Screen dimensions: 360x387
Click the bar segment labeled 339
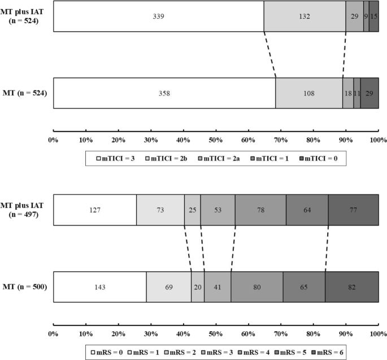click(158, 16)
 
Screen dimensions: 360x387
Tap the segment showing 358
click(164, 93)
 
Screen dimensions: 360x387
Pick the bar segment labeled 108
click(309, 93)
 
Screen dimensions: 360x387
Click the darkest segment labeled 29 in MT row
click(369, 93)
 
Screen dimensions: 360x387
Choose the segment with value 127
click(95, 210)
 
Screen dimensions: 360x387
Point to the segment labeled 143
click(100, 287)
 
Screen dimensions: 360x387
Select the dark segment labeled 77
click(353, 210)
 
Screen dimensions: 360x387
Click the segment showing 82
click(351, 287)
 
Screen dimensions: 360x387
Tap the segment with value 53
click(218, 210)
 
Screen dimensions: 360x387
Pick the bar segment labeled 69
click(168, 287)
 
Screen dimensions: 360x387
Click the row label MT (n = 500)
click(26, 287)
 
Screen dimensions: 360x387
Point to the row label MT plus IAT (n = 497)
click(26, 210)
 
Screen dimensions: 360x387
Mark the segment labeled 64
click(307, 210)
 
